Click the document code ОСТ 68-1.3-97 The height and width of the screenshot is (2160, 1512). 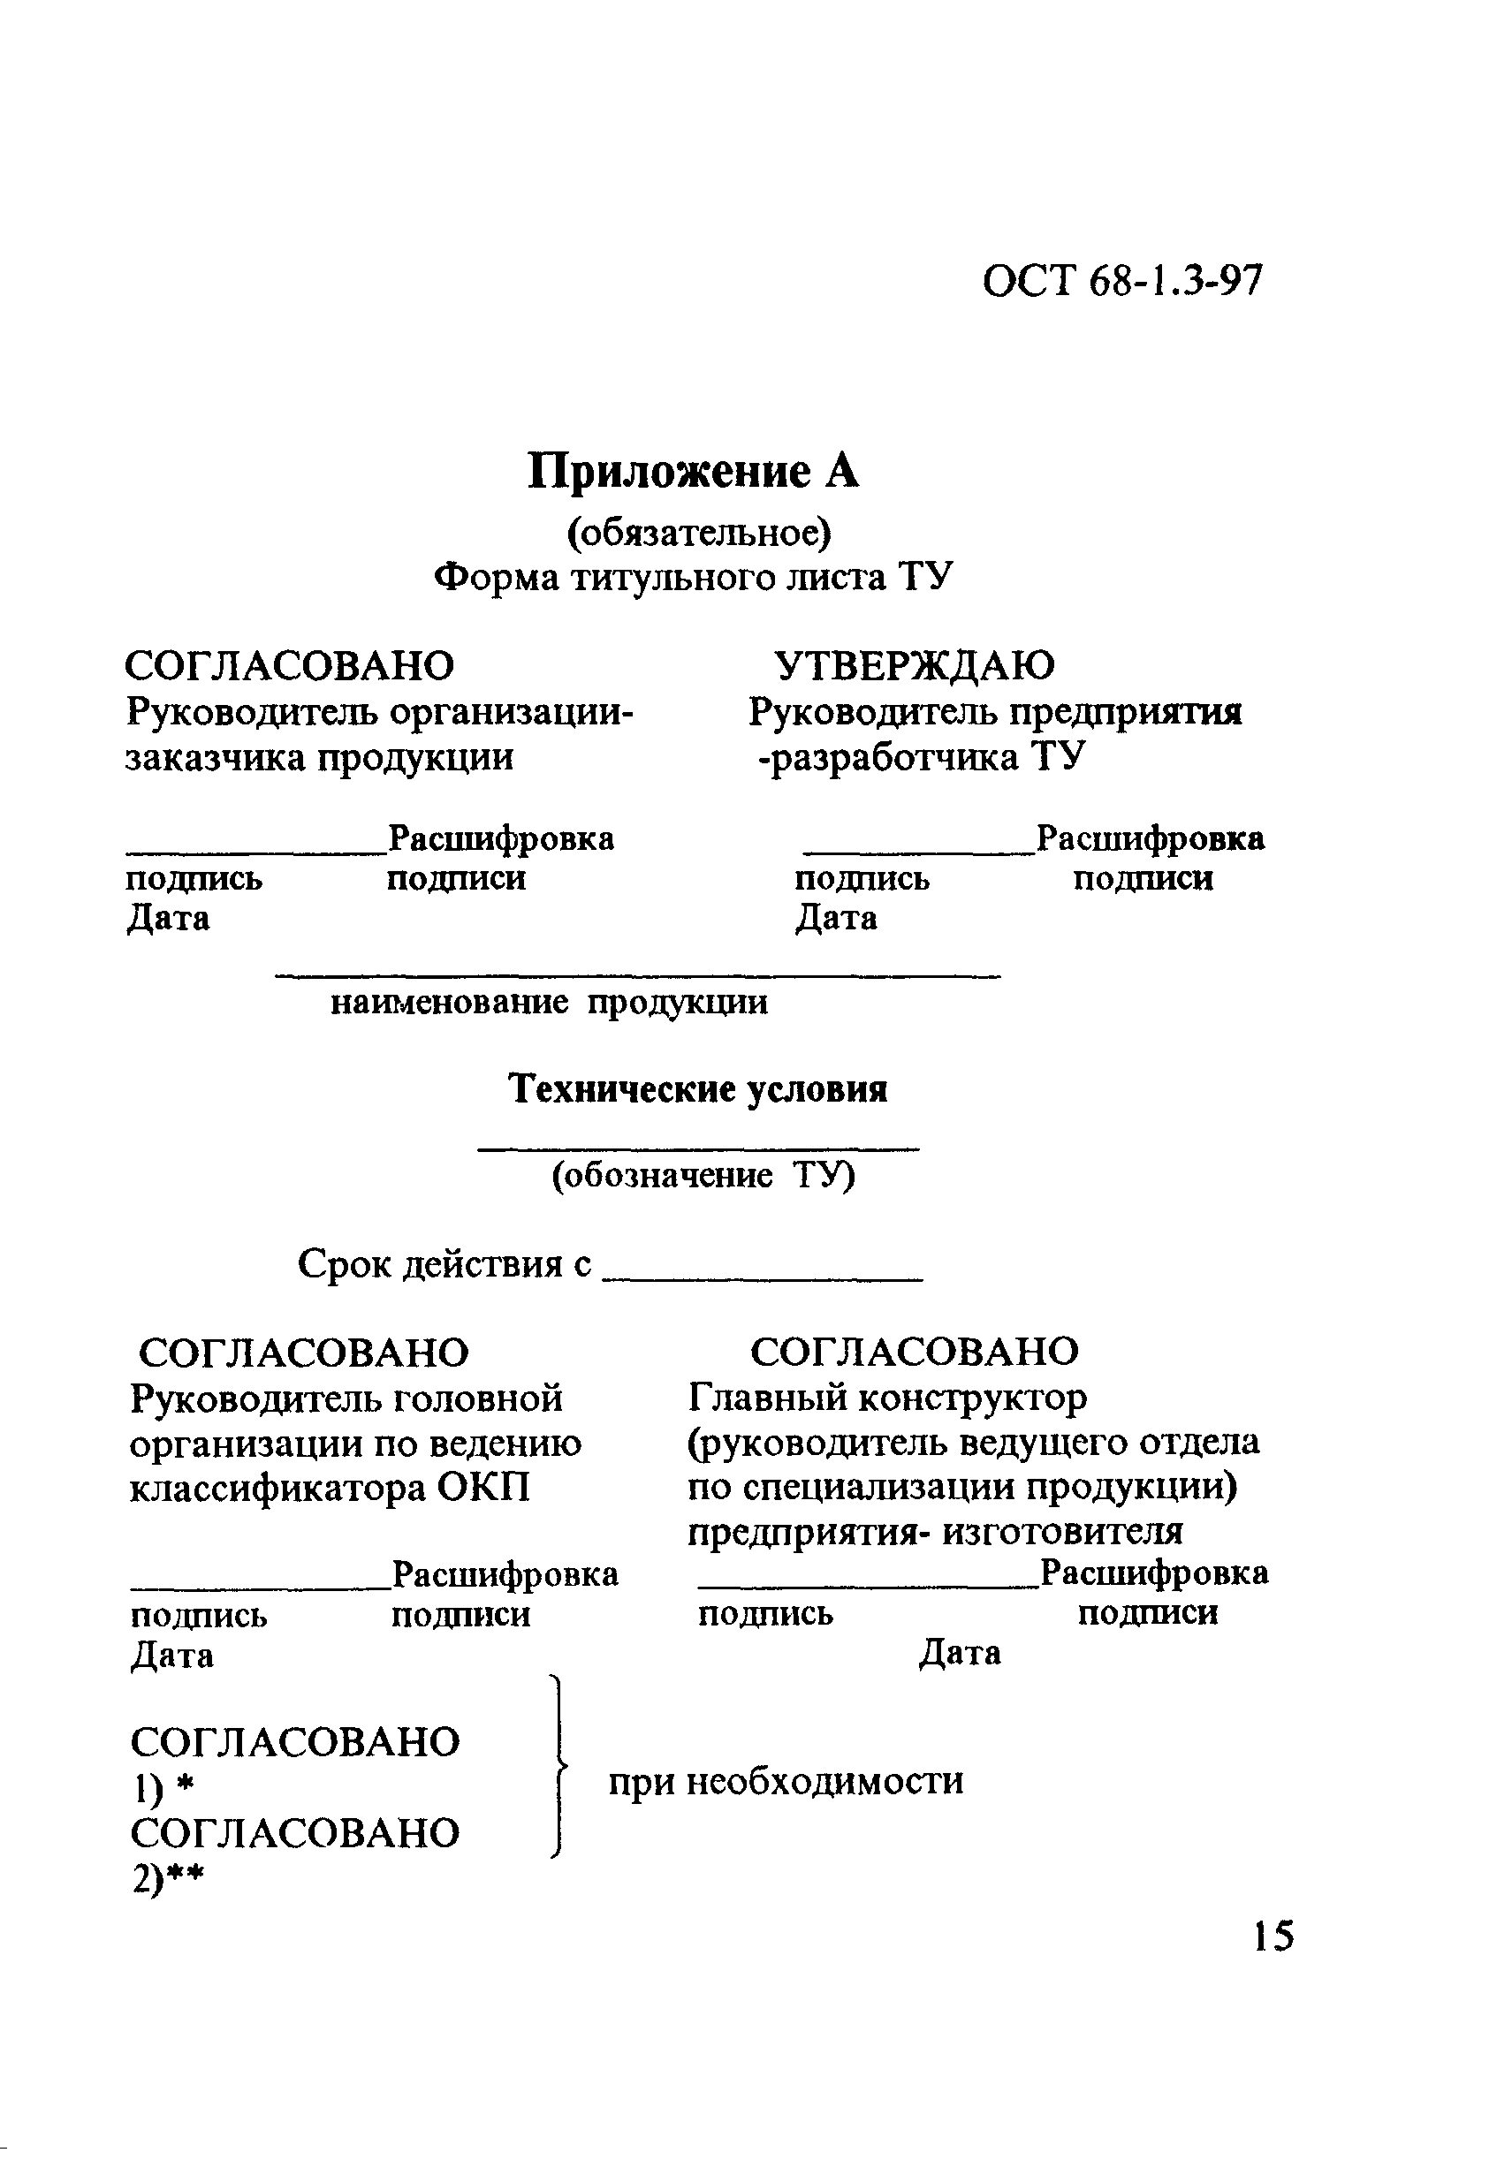tap(1121, 281)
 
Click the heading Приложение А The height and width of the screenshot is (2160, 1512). tap(693, 472)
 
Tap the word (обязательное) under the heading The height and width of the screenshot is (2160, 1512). tap(698, 533)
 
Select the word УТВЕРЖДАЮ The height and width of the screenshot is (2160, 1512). tap(914, 666)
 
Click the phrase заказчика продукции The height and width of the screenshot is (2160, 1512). tap(319, 757)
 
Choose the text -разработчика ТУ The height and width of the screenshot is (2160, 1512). tap(922, 757)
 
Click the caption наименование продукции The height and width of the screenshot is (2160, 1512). tap(549, 1003)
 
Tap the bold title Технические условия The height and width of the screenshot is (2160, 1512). tap(698, 1089)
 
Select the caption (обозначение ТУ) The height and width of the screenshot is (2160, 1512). tap(703, 1176)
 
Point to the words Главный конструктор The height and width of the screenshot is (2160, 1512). tap(887, 1398)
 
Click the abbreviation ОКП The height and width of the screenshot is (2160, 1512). tap(483, 1489)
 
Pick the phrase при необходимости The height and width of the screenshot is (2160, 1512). tap(786, 1781)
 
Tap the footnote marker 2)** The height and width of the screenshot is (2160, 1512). tap(168, 1879)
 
